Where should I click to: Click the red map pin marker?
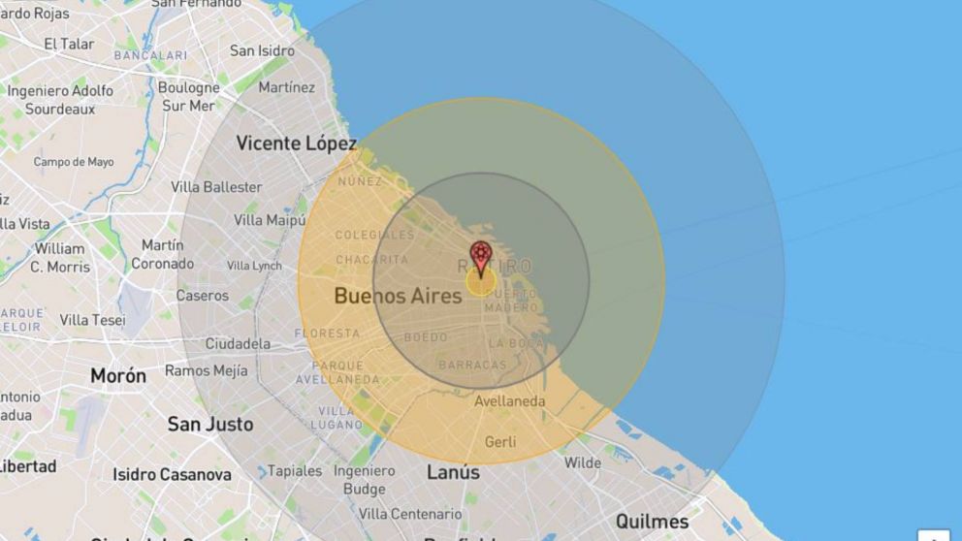coord(481,257)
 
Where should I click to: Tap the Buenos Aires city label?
coord(398,296)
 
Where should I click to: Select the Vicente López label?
coord(297,143)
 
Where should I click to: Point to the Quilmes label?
coord(652,521)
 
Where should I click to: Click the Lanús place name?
coord(453,472)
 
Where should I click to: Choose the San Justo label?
coord(210,424)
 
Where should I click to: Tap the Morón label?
coord(118,375)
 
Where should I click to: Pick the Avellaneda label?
coord(510,401)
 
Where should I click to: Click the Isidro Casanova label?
coord(172,474)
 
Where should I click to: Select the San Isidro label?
coord(262,50)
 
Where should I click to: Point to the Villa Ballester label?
coord(216,186)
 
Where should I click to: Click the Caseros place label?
coord(202,295)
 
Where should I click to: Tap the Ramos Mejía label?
coord(206,370)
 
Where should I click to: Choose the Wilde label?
coord(583,462)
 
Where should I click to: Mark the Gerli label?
coord(500,441)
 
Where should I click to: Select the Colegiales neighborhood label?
coord(374,235)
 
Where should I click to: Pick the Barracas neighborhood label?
coord(472,365)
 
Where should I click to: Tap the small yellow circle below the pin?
coord(481,282)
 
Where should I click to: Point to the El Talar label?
coord(70,44)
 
